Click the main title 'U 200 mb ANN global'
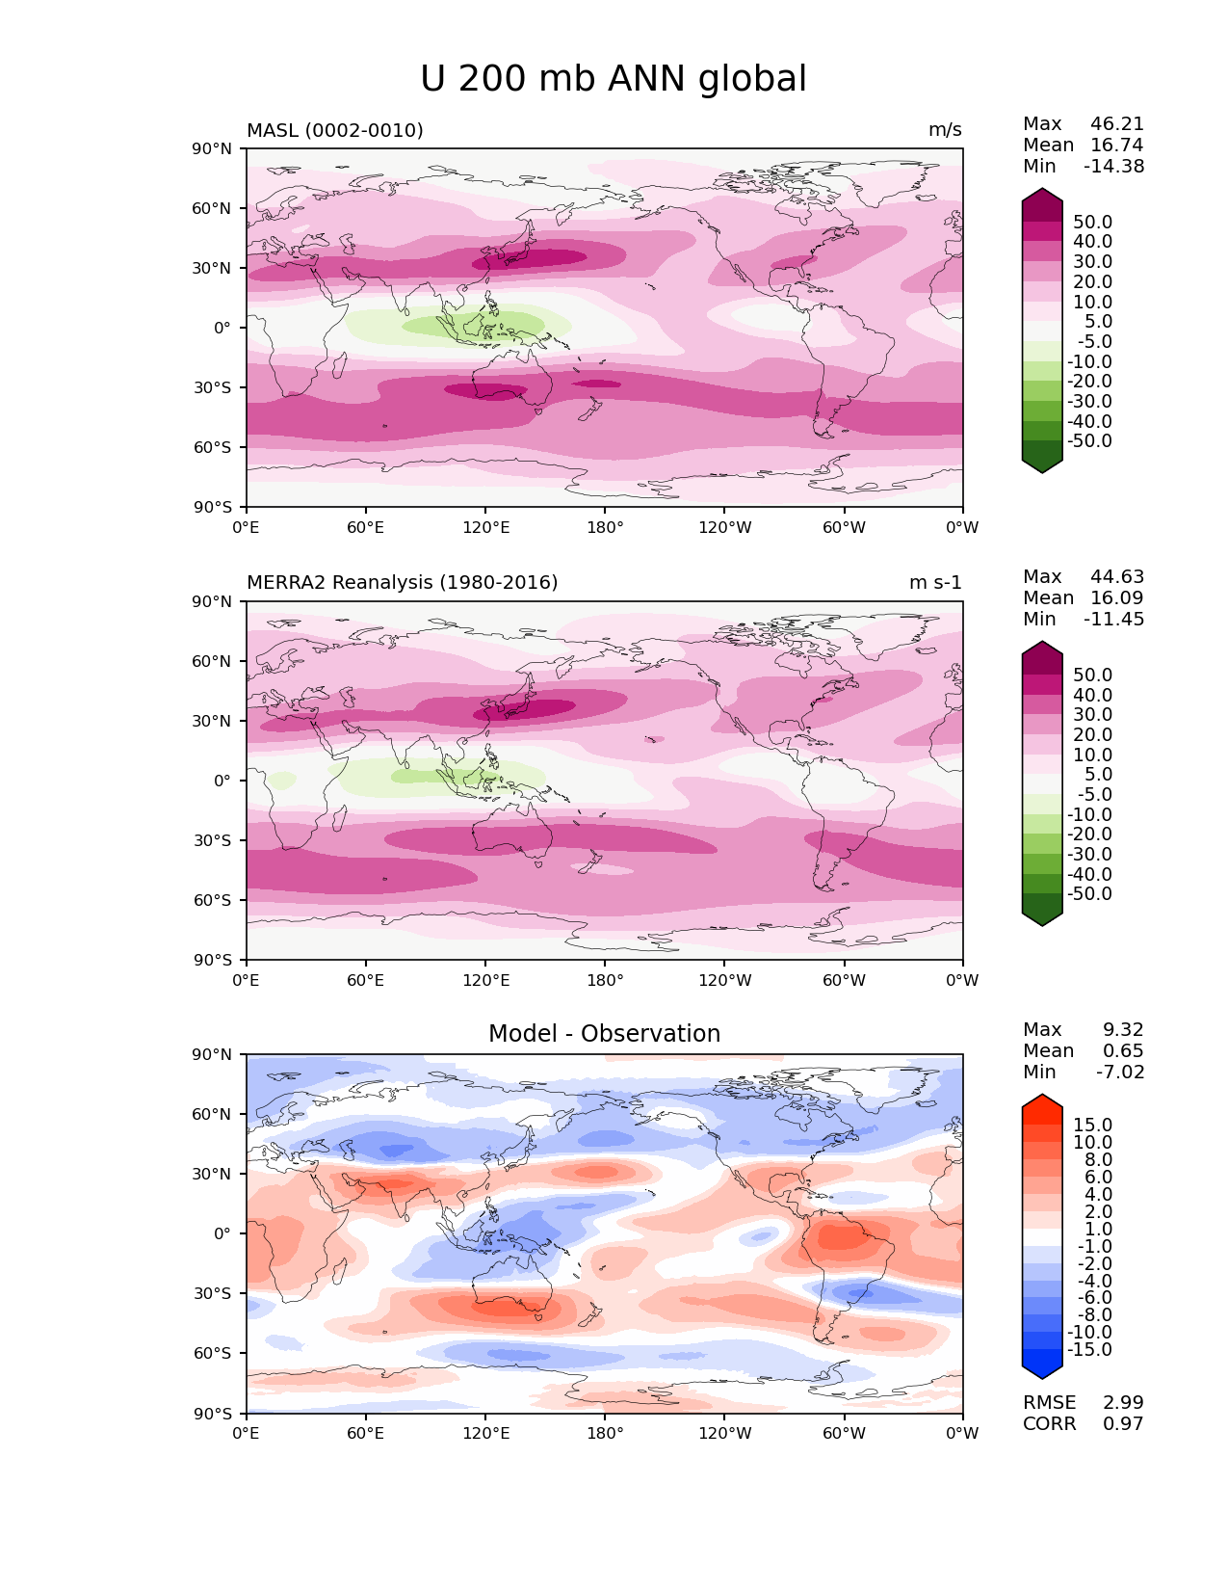[614, 79]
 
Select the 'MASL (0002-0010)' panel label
[335, 130]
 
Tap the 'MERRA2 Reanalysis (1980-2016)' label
[402, 583]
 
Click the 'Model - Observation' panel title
[604, 1034]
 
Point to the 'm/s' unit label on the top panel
[945, 130]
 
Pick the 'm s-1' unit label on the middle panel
[935, 583]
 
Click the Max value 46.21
[1117, 124]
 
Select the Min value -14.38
[1114, 167]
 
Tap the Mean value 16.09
[1117, 598]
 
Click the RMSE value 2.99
[1123, 1403]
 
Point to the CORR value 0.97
[1123, 1424]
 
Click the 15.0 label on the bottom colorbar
[1092, 1126]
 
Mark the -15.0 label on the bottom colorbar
[1089, 1350]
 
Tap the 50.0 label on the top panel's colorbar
[1092, 223]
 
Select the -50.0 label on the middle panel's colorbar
[1089, 894]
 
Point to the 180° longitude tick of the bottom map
[605, 1434]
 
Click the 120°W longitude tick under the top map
[724, 528]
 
